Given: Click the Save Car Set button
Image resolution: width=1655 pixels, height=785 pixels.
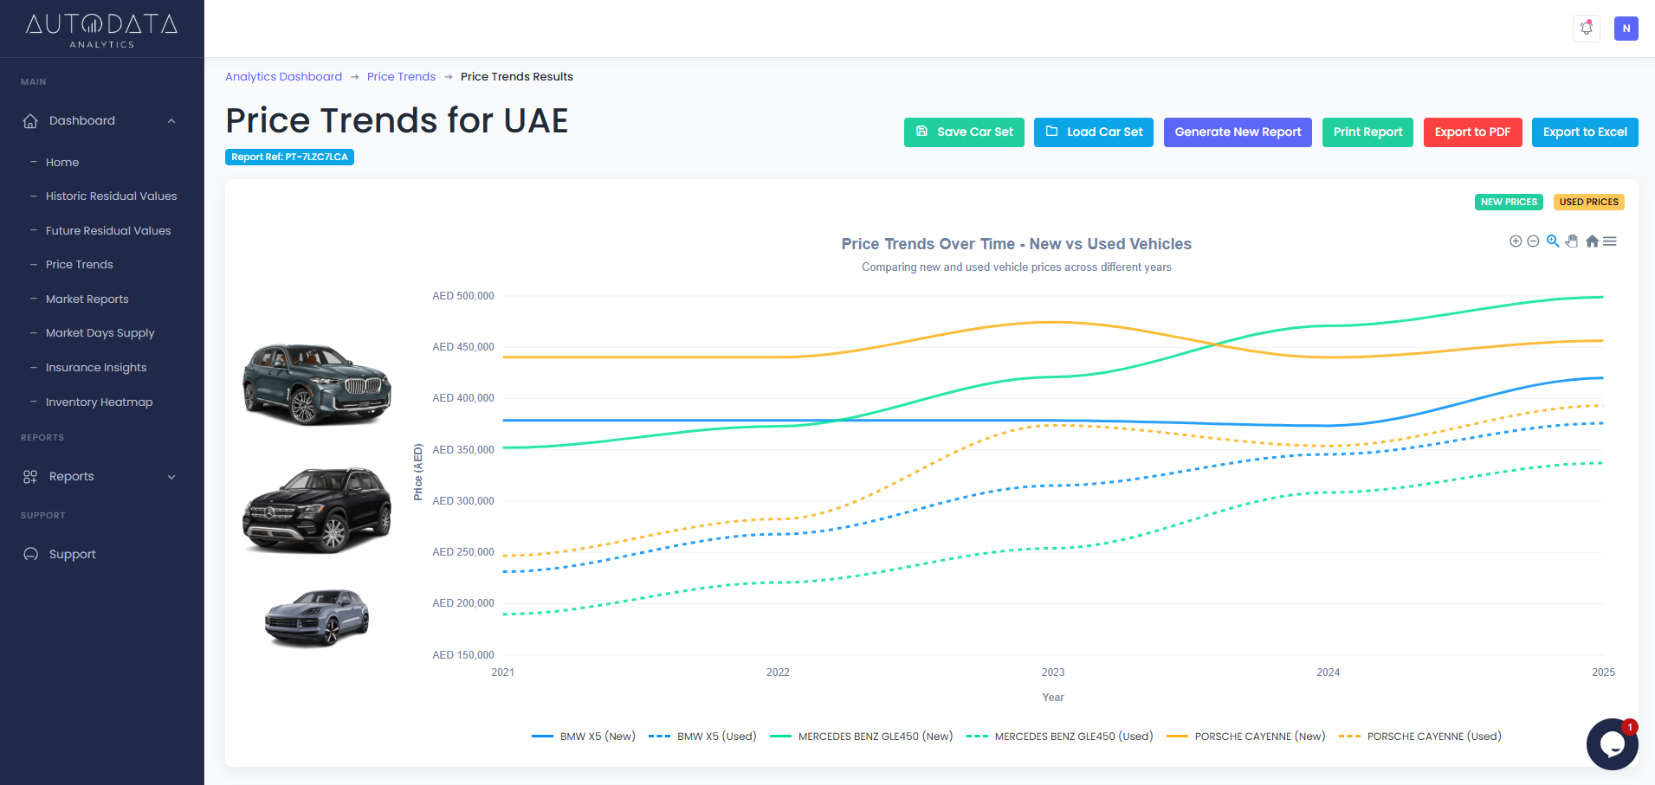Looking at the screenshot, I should (x=964, y=132).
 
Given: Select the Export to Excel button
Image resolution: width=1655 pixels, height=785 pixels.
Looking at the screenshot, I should (x=1584, y=132).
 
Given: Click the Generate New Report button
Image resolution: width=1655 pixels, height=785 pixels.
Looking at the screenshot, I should (x=1238, y=132).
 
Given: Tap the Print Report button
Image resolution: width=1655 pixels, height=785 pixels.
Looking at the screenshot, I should (x=1367, y=132).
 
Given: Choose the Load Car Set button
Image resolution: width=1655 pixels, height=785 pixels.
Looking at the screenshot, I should (x=1093, y=132).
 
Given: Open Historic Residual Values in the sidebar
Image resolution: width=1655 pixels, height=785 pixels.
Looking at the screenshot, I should (x=111, y=196).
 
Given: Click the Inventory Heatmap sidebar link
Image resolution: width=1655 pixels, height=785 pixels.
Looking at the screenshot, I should (x=99, y=402).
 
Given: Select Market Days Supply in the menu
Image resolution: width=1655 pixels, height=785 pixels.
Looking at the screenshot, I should (x=100, y=333).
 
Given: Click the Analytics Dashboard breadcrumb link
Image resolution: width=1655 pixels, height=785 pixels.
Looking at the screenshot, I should (x=283, y=77).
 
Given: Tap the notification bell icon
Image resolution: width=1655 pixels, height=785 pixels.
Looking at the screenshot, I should (x=1586, y=29).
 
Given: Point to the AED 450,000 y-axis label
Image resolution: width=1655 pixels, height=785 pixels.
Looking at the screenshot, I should (x=462, y=347).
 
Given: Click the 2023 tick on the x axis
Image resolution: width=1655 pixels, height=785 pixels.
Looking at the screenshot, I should (x=1053, y=672).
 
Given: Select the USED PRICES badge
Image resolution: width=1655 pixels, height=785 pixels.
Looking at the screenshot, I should (x=1588, y=203).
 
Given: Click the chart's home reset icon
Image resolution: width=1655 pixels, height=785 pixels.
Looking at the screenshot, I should (x=1592, y=241).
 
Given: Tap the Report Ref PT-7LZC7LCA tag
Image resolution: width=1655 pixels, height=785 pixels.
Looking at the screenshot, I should (x=289, y=158).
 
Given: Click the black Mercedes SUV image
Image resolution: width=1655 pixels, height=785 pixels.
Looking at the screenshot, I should (x=317, y=511).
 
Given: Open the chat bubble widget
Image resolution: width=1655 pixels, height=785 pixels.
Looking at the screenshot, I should (x=1611, y=743).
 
